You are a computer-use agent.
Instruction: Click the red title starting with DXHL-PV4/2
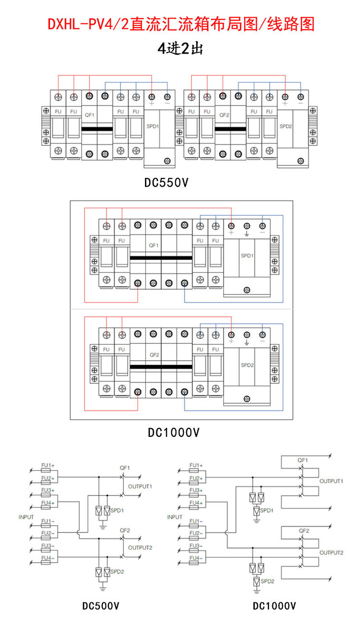[x=181, y=24]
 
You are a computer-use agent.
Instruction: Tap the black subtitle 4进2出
[x=180, y=48]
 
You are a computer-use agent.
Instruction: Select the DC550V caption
[x=166, y=183]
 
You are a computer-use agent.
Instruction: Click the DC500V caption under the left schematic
[x=101, y=606]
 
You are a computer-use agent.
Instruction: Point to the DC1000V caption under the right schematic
[x=274, y=606]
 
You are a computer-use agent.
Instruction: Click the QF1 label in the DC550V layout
[x=89, y=115]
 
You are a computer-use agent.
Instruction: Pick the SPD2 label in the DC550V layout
[x=286, y=126]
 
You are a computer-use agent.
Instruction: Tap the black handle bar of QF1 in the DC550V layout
[x=97, y=129]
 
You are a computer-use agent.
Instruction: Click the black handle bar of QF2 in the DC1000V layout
[x=161, y=367]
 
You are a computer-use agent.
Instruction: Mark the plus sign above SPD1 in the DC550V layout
[x=152, y=103]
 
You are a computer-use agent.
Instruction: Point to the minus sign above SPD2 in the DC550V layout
[x=300, y=103]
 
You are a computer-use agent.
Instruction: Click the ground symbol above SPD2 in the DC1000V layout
[x=247, y=343]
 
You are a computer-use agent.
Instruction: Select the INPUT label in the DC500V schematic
[x=26, y=517]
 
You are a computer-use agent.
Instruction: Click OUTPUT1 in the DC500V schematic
[x=140, y=486]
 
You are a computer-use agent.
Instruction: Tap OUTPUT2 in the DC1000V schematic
[x=331, y=553]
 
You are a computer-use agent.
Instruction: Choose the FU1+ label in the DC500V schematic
[x=48, y=465]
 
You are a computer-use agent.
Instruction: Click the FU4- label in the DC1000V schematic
[x=196, y=558]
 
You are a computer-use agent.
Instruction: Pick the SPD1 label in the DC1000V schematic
[x=266, y=510]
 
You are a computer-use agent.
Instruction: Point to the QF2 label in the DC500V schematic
[x=125, y=530]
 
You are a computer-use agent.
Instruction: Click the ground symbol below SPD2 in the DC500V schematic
[x=103, y=588]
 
